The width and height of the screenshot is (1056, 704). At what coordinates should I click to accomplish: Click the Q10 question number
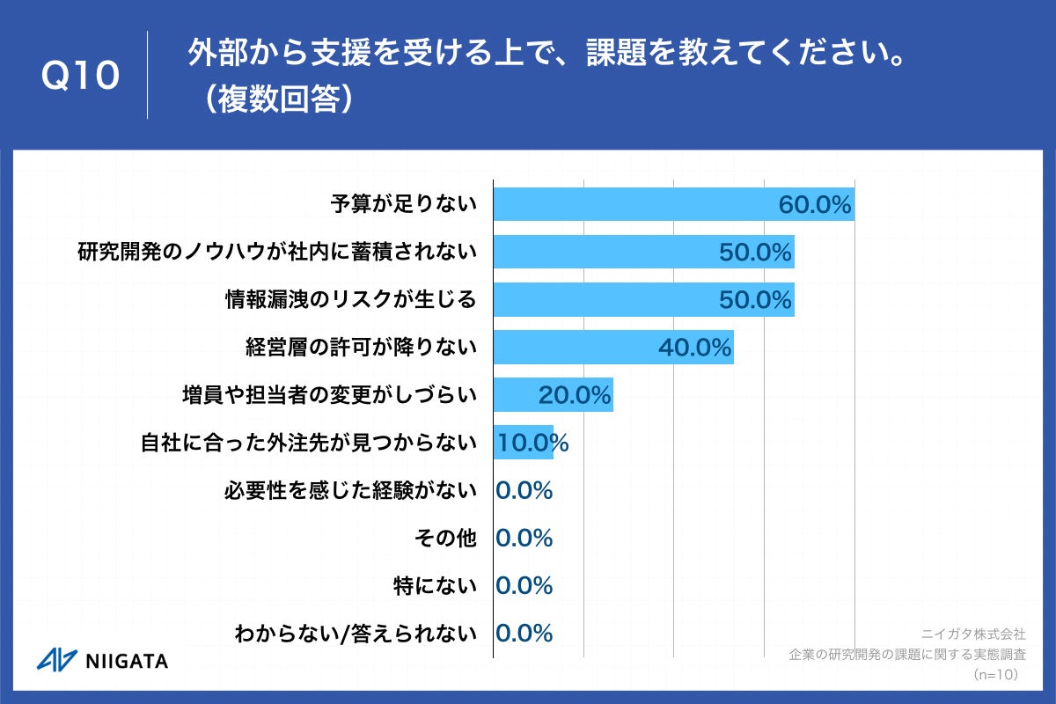(80, 77)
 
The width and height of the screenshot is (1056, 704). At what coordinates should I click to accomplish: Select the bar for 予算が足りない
(634, 205)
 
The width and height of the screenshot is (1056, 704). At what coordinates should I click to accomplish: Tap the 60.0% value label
(815, 206)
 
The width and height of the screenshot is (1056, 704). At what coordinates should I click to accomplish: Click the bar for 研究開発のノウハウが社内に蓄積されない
(616, 253)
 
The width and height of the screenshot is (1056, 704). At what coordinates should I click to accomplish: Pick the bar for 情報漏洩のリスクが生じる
(616, 300)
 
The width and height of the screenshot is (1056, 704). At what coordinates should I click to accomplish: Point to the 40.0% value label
(695, 348)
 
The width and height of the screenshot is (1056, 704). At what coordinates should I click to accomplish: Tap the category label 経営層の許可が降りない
(361, 348)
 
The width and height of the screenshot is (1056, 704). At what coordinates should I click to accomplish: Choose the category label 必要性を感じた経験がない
(350, 490)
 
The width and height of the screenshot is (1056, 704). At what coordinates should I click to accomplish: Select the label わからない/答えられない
(356, 633)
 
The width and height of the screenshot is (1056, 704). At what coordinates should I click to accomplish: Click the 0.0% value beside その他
(524, 538)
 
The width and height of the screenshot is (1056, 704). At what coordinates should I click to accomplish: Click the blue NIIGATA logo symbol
(56, 660)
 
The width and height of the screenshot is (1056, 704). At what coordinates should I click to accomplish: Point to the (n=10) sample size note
(995, 675)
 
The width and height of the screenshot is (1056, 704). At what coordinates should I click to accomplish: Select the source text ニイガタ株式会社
(972, 633)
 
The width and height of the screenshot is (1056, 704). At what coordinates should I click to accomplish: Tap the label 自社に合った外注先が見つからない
(309, 443)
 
